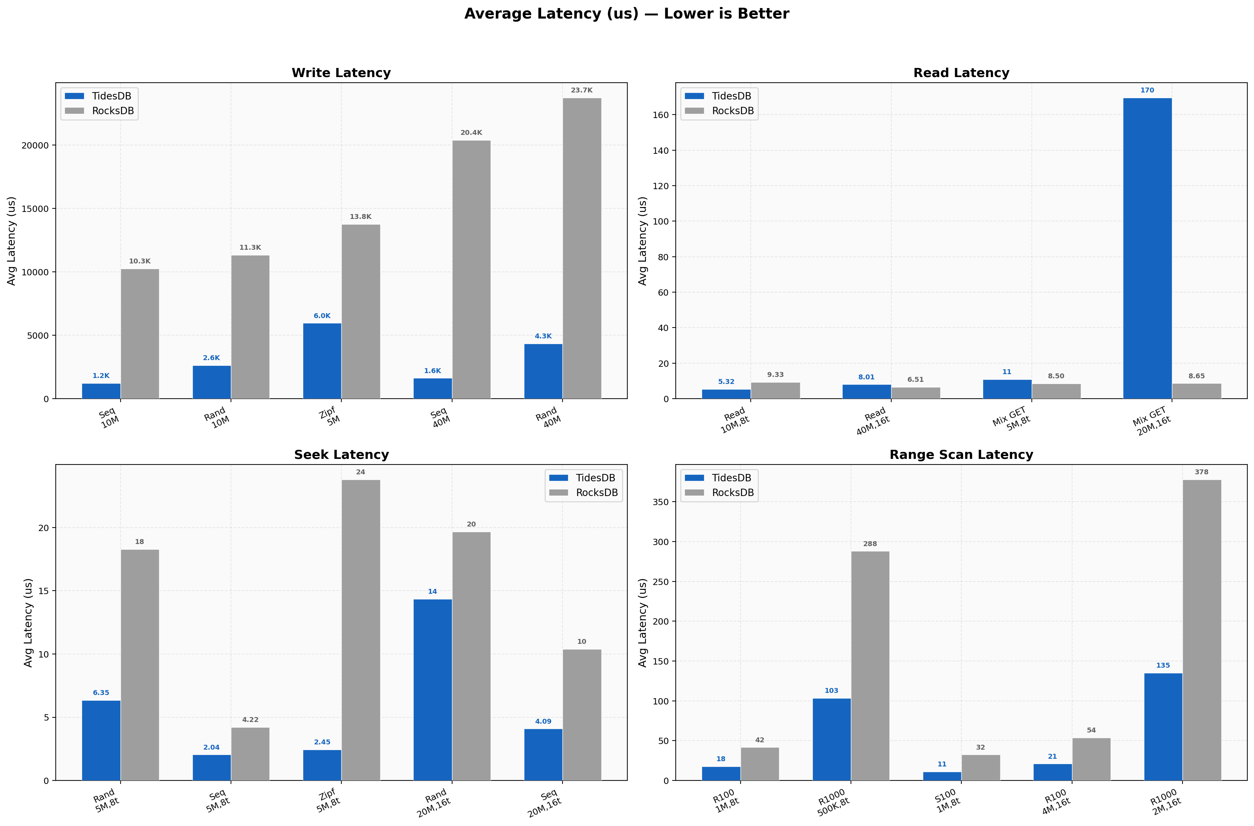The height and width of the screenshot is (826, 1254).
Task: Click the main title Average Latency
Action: click(626, 14)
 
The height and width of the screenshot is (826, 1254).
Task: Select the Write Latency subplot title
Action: click(341, 73)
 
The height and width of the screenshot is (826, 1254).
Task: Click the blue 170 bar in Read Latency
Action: click(1147, 248)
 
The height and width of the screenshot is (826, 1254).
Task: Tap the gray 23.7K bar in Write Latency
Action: click(582, 248)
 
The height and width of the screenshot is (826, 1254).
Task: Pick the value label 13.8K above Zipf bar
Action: click(360, 216)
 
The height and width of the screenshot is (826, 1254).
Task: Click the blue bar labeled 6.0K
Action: click(322, 361)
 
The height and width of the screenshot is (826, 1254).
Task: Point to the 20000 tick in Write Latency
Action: click(35, 145)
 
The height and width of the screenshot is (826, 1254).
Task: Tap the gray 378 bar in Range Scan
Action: click(1202, 629)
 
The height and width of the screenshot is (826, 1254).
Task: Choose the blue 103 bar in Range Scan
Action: click(831, 739)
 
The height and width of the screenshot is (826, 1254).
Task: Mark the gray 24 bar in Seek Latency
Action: click(360, 629)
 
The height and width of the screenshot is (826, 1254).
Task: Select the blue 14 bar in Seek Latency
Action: click(432, 690)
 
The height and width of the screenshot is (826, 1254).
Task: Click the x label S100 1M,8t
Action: click(947, 801)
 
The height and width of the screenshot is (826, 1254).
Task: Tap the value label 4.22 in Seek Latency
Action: click(250, 720)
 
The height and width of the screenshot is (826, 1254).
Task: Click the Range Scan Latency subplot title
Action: click(961, 455)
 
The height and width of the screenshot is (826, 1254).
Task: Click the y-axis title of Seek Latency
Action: click(28, 623)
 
